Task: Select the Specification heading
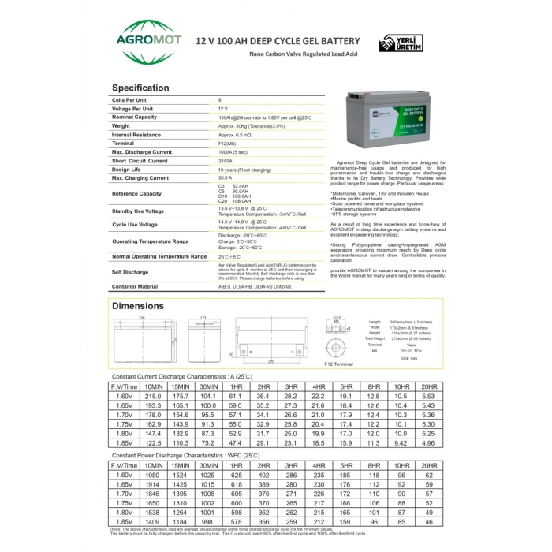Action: point(140,88)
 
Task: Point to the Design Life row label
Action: point(129,170)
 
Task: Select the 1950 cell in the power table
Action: point(153,476)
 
